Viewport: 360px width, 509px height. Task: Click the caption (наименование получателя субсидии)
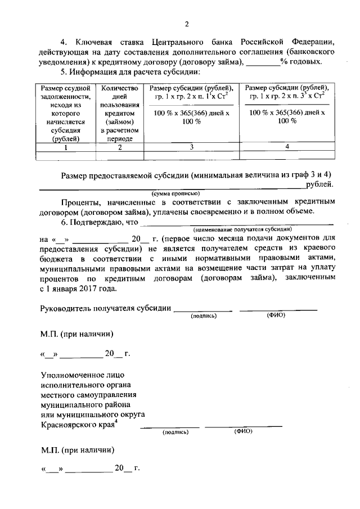coord(242,230)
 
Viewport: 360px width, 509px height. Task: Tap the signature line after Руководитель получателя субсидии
coord(202,309)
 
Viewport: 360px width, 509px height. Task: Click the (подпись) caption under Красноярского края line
coord(176,432)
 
